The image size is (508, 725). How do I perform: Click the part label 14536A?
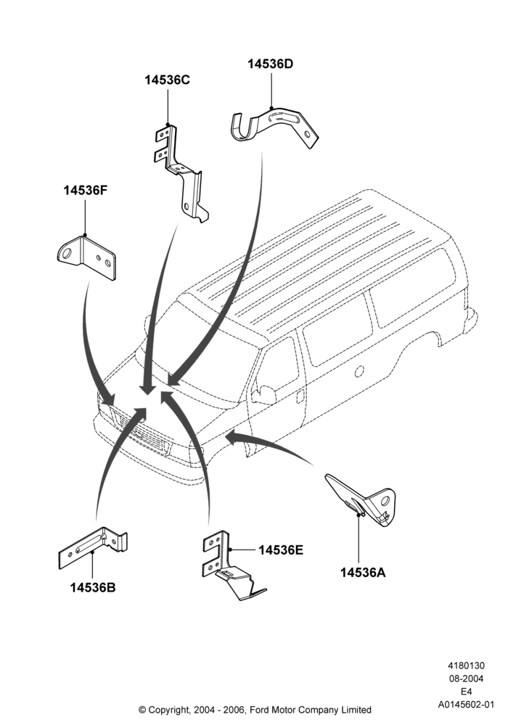[x=363, y=573]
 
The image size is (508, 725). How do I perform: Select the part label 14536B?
[x=93, y=588]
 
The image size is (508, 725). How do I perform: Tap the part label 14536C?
[x=167, y=80]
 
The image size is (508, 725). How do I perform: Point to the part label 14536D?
[x=270, y=64]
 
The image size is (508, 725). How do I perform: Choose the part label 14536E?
[x=281, y=550]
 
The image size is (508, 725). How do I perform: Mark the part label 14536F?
[x=86, y=190]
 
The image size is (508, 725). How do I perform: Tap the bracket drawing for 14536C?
[x=181, y=173]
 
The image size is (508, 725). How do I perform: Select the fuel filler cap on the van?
[x=359, y=370]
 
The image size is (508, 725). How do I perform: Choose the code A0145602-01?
[x=467, y=705]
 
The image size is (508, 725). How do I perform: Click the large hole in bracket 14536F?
[x=67, y=253]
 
